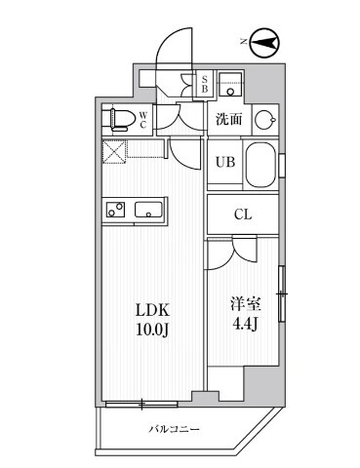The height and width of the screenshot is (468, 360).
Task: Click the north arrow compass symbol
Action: (x=263, y=42)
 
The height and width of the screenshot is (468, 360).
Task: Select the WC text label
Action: (x=142, y=120)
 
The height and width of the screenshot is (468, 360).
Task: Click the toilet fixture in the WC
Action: (x=120, y=119)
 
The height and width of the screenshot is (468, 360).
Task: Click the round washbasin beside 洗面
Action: (x=264, y=121)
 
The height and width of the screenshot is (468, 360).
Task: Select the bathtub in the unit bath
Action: (x=260, y=165)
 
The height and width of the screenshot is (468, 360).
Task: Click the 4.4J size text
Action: (x=242, y=325)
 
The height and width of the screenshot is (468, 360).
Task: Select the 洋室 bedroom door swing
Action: (x=226, y=253)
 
